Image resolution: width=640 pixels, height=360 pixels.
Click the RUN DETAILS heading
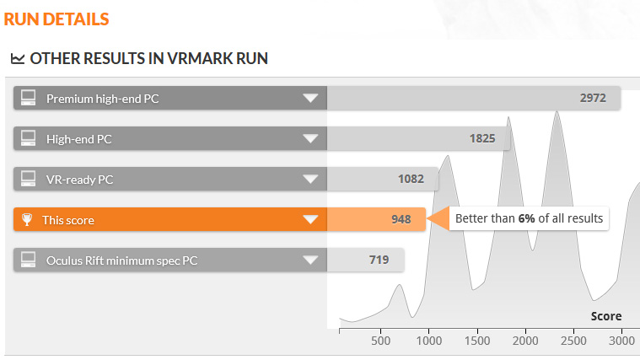click(x=56, y=18)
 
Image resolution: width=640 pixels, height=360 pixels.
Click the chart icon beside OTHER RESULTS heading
click(x=17, y=59)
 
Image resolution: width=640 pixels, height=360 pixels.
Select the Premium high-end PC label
click(x=102, y=99)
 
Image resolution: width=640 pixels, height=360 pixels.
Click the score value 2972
click(x=593, y=98)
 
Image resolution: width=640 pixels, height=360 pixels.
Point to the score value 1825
click(x=481, y=138)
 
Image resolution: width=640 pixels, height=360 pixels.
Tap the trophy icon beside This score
click(x=28, y=220)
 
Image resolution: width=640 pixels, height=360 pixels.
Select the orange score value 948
click(x=401, y=219)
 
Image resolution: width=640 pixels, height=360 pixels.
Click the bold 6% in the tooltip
click(x=527, y=218)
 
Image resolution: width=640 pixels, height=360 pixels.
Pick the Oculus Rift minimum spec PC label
click(x=121, y=260)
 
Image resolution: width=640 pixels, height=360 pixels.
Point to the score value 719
click(x=378, y=259)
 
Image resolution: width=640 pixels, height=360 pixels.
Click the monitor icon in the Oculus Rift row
click(x=28, y=260)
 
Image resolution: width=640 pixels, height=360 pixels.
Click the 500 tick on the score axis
click(x=381, y=341)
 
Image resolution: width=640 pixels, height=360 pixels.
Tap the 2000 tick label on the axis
click(x=524, y=341)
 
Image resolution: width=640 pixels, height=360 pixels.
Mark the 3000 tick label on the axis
click(x=621, y=341)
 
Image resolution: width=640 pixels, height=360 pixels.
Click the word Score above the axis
click(x=605, y=316)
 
